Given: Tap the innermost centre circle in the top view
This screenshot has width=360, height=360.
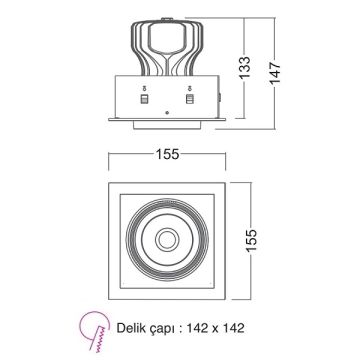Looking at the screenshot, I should click(167, 241).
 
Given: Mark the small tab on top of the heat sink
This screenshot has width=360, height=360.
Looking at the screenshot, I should click(167, 18).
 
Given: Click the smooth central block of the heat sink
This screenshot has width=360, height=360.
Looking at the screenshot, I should click(167, 46).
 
